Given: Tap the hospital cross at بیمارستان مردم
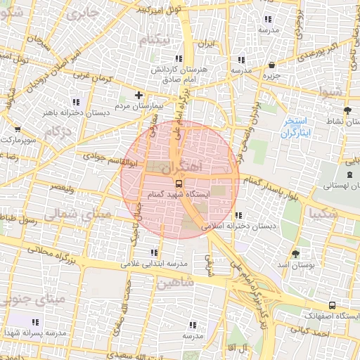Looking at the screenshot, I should (x=139, y=95).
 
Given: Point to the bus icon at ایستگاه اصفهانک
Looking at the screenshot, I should (x=332, y=307).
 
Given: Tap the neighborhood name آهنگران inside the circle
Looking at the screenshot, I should (x=181, y=168).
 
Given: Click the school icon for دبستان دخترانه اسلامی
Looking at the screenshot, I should (x=239, y=215).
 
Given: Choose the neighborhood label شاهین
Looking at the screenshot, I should (x=175, y=285).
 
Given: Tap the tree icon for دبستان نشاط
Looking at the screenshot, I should (x=346, y=110).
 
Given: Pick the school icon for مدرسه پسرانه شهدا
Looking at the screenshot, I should (x=36, y=322).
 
